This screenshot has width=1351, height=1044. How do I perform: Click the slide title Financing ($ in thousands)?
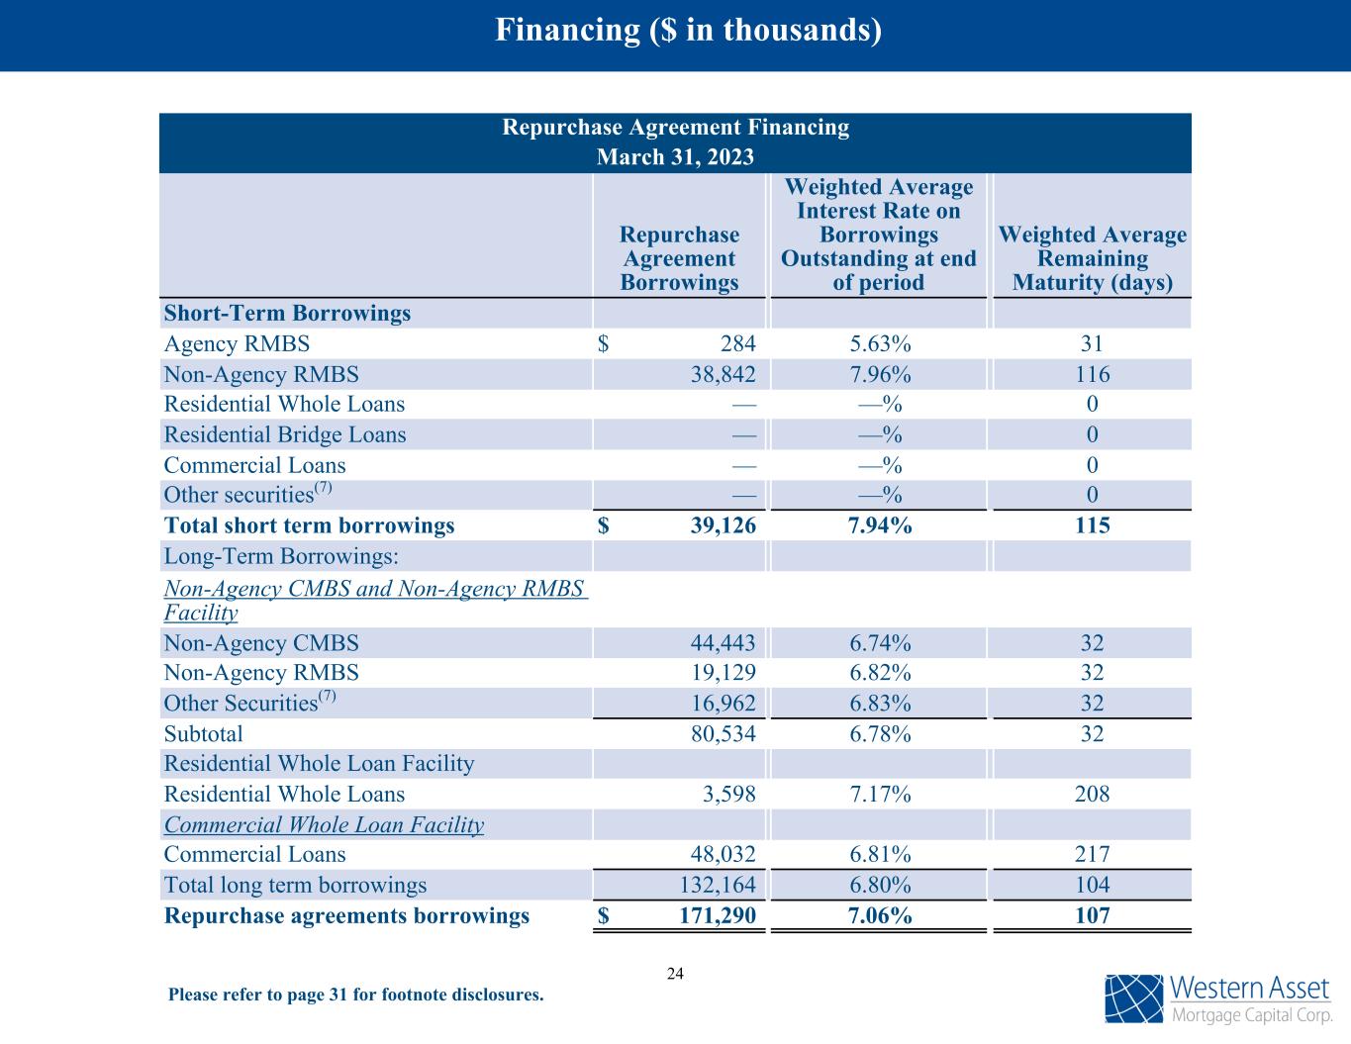688,31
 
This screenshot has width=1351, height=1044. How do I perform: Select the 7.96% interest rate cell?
879,375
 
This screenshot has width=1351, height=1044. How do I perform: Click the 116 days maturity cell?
1092,375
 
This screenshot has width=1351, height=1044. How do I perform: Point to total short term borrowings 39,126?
723,525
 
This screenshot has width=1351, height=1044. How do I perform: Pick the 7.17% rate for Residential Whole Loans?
879,795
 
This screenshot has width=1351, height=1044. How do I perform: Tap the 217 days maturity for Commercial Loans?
1092,855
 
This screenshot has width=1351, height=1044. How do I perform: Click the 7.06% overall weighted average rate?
879,916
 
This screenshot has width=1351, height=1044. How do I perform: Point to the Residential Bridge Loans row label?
285,435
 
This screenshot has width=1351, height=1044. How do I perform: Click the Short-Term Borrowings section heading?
287,314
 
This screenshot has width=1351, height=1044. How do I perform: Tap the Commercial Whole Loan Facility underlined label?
324,825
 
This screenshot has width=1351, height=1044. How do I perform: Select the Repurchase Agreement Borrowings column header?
679,258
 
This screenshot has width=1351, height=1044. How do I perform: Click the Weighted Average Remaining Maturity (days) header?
1092,258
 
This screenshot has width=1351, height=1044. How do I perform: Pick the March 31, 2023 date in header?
675,157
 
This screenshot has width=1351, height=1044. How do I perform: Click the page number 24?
675,974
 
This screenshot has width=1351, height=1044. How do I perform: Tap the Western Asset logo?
1217,998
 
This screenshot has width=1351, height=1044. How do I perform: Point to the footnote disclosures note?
356,995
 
